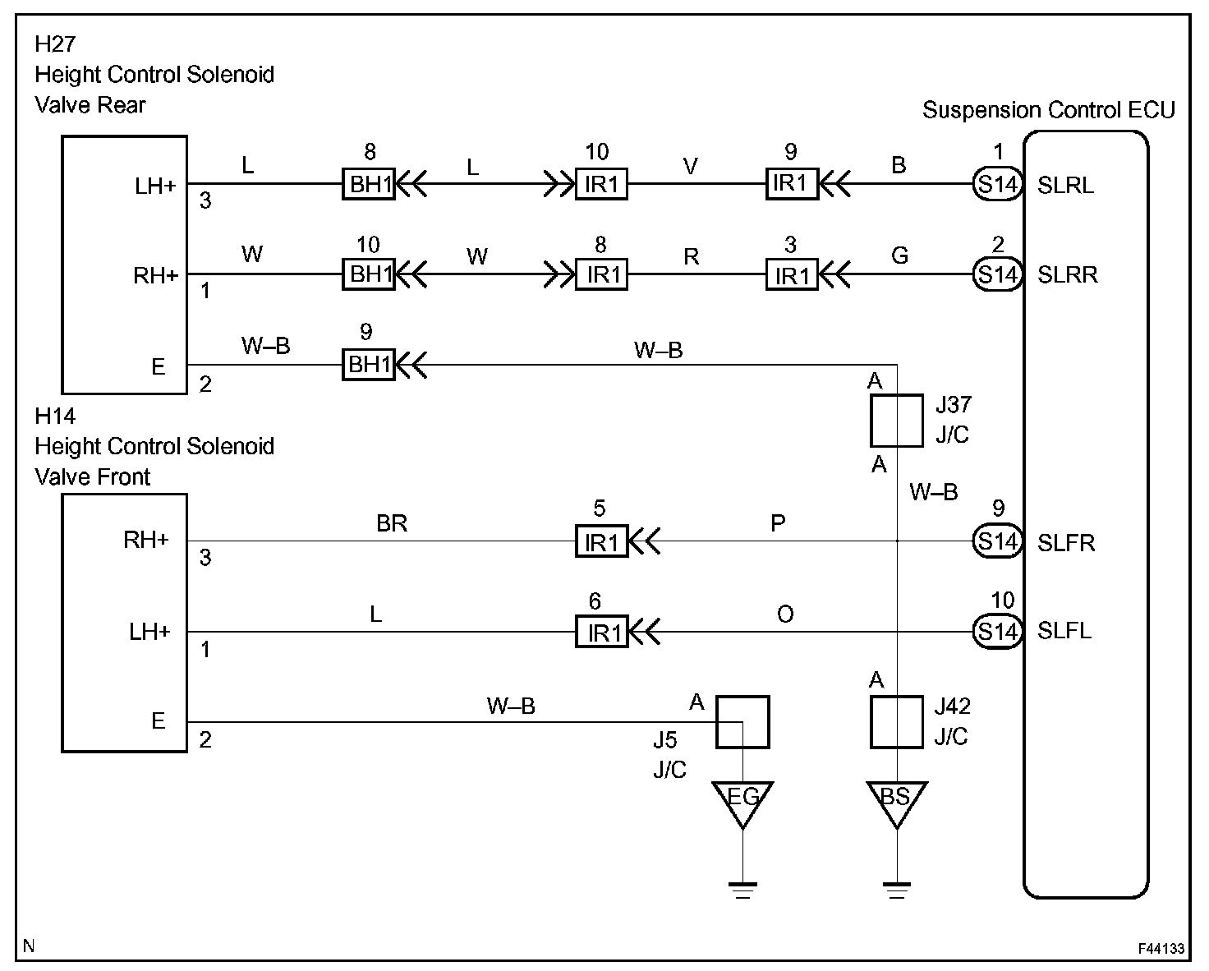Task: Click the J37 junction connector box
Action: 896,421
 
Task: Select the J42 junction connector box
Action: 896,721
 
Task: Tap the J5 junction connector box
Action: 742,721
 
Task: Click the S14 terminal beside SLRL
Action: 997,184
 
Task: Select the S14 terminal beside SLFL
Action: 997,632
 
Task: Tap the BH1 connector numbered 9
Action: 369,365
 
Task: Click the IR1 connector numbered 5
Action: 601,541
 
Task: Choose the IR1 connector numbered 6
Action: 601,632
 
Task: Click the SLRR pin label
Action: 1067,274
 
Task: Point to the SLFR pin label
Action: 1066,543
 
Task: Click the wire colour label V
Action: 691,166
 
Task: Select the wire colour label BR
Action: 392,523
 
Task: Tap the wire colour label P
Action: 778,523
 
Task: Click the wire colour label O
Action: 785,614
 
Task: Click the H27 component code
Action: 55,44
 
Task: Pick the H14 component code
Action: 55,416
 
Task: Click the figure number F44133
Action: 1161,949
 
